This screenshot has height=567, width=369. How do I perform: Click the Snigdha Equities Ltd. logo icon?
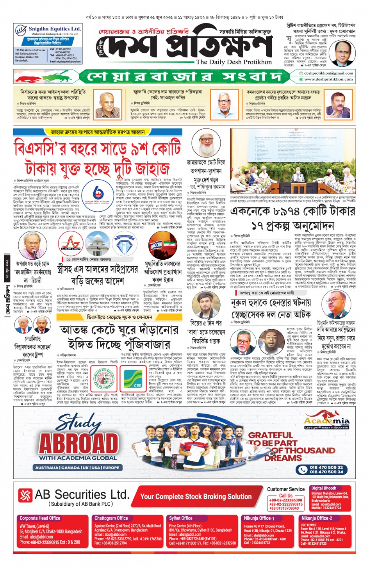[21, 30]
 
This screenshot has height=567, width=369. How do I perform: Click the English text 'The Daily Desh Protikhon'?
[234, 62]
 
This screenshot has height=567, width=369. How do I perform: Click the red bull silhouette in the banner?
[30, 77]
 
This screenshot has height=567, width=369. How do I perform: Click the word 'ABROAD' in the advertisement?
[78, 442]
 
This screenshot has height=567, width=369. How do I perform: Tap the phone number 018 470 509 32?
[326, 467]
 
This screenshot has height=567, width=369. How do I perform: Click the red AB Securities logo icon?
[25, 495]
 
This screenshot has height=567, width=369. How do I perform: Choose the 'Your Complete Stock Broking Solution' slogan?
[196, 496]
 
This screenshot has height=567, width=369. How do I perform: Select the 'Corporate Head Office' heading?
[40, 518]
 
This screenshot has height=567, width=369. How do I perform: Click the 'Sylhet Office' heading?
[180, 518]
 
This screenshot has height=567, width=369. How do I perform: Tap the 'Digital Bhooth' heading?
[324, 488]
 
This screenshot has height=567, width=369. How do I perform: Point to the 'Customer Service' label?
[286, 489]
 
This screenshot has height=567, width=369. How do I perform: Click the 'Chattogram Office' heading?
[111, 518]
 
